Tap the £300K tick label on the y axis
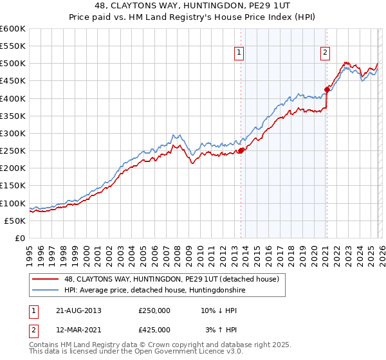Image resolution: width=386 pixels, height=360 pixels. click(12, 133)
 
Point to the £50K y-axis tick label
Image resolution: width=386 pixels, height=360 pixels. click(15, 221)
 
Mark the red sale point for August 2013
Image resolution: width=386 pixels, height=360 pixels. click(241, 150)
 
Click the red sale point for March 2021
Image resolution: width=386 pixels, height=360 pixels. click(327, 89)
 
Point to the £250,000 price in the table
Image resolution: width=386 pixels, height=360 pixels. click(154, 310)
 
